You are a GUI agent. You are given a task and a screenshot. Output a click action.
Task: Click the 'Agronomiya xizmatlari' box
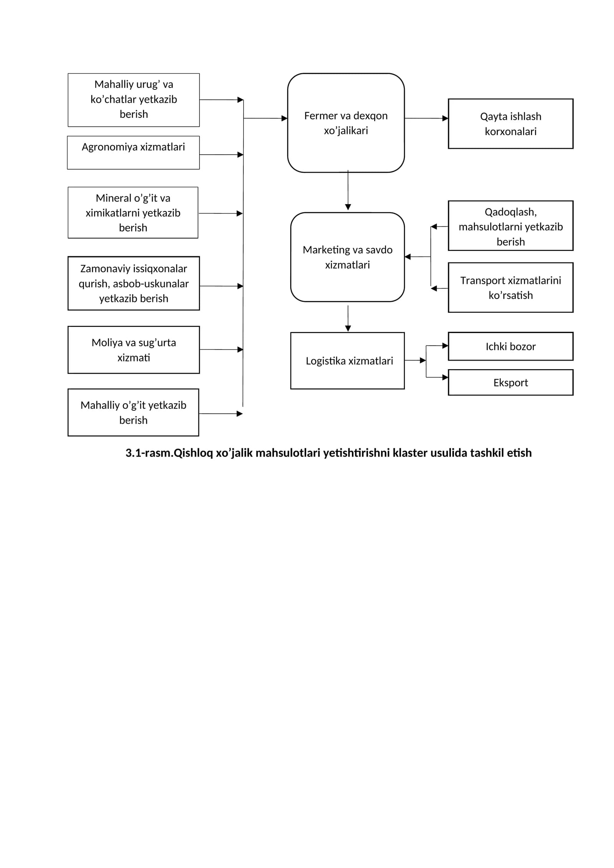click(133, 152)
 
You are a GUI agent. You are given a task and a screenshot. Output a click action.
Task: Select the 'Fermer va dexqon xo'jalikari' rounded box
click(346, 123)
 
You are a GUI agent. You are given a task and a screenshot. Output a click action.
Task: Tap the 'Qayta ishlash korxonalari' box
click(510, 124)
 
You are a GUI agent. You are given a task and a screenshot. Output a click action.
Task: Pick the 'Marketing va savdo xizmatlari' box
click(347, 257)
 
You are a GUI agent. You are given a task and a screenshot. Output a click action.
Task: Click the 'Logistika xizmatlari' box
click(347, 361)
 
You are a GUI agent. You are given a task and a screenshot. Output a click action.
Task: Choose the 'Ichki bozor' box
click(510, 346)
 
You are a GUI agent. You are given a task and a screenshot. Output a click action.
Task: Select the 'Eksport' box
click(510, 382)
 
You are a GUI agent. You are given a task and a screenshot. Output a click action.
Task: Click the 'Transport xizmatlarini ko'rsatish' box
click(510, 287)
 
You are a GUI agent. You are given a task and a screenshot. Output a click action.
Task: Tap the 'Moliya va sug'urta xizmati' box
click(134, 350)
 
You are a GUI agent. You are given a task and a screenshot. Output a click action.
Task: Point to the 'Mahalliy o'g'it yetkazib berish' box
click(133, 413)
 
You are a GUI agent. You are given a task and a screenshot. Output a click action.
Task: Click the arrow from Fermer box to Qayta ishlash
click(426, 118)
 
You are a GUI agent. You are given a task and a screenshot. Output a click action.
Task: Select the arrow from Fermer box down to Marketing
click(348, 190)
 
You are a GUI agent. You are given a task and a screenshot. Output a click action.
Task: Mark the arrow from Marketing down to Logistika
click(348, 318)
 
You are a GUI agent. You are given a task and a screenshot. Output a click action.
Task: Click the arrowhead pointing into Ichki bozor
click(445, 346)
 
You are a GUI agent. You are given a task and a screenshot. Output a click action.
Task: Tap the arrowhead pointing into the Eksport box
click(445, 377)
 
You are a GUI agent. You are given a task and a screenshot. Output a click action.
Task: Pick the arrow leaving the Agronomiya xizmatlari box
click(221, 155)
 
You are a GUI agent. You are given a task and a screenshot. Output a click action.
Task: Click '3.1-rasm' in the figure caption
click(148, 453)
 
